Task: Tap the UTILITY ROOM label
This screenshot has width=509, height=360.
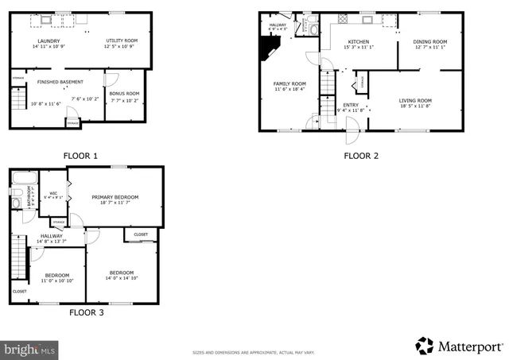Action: (x=122, y=41)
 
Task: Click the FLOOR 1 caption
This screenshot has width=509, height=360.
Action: (x=80, y=156)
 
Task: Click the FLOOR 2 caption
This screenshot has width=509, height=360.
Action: (x=360, y=156)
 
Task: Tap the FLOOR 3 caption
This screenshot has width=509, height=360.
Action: (x=84, y=312)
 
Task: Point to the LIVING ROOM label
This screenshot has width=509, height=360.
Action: (x=421, y=100)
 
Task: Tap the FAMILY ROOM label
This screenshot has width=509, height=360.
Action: (x=290, y=83)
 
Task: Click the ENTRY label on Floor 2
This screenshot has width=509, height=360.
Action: (x=351, y=105)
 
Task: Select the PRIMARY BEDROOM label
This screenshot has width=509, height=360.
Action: (x=115, y=197)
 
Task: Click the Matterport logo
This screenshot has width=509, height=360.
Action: (x=459, y=346)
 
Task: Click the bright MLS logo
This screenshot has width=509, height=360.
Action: (x=29, y=348)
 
